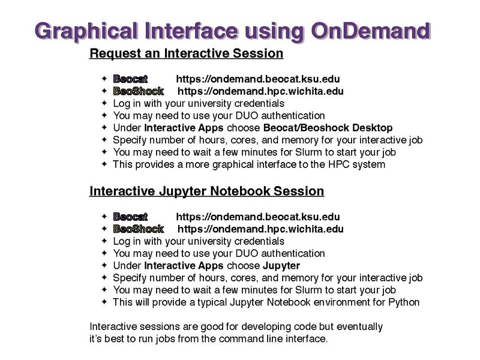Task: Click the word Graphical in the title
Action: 86,32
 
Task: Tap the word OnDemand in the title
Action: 371,31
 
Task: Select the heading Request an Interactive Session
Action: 186,53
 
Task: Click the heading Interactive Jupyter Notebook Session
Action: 206,191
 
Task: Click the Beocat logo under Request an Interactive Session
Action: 130,79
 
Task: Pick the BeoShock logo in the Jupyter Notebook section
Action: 139,229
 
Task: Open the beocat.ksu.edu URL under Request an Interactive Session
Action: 258,79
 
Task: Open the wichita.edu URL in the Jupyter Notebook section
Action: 260,229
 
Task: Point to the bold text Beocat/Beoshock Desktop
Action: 328,128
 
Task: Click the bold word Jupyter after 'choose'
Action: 281,266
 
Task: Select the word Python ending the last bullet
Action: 404,302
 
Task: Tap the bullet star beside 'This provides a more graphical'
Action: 104,164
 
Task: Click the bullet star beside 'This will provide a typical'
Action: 104,302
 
